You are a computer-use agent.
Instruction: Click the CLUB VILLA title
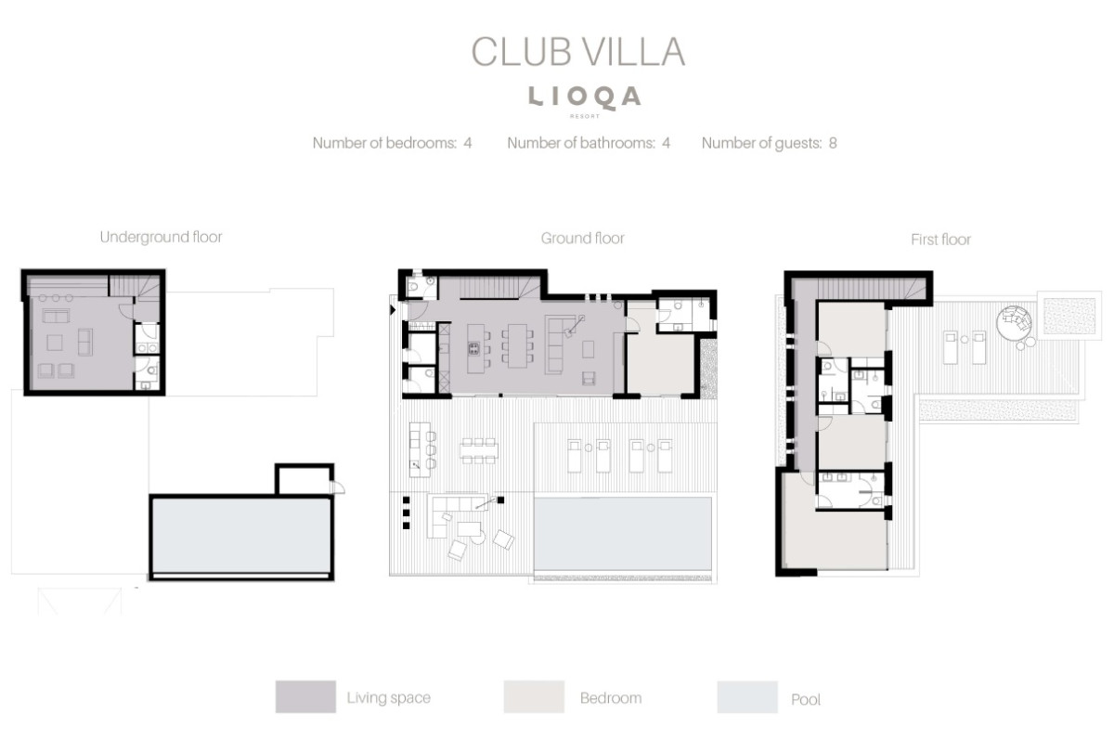click(578, 52)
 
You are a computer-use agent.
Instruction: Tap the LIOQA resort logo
click(584, 100)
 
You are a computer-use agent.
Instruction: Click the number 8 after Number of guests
click(833, 143)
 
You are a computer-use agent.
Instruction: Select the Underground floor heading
click(162, 237)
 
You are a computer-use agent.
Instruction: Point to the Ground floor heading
click(582, 239)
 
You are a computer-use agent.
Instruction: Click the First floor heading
click(940, 240)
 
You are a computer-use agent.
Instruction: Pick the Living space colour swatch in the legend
click(305, 696)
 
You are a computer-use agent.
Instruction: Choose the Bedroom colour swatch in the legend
click(534, 696)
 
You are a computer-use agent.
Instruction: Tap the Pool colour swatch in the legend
click(747, 696)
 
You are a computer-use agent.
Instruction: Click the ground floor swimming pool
click(623, 533)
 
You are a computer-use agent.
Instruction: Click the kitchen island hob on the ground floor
click(474, 348)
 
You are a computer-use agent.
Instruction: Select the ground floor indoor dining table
click(517, 345)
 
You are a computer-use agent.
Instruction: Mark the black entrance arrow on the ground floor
click(393, 310)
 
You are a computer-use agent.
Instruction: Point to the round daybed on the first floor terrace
click(1014, 323)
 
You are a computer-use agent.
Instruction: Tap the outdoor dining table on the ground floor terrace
click(478, 450)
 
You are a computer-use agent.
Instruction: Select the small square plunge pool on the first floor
click(1069, 317)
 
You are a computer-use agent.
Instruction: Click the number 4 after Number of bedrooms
click(468, 143)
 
